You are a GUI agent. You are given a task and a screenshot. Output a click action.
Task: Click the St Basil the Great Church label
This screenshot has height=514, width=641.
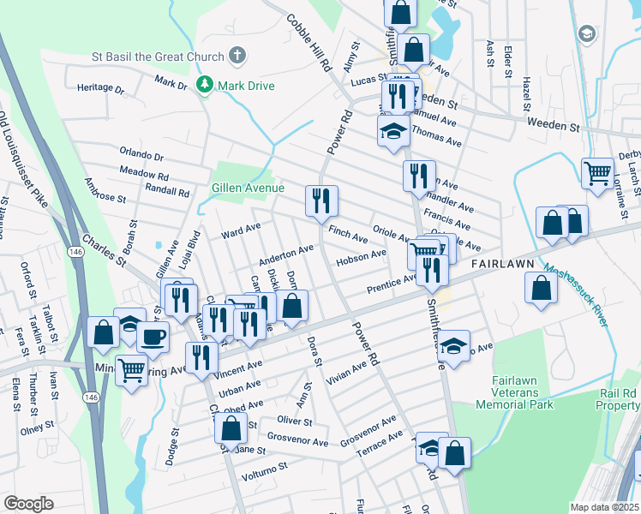tap(159, 57)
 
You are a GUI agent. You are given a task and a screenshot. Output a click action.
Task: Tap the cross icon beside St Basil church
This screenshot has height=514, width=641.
tap(238, 57)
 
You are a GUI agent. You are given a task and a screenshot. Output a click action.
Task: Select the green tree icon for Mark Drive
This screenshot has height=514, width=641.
tap(204, 85)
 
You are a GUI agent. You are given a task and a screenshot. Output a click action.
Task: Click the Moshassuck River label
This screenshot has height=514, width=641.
tap(578, 295)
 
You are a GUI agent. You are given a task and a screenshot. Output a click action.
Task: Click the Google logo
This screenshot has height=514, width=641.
tap(28, 504)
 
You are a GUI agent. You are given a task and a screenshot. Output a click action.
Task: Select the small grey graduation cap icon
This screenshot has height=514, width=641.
tap(587, 33)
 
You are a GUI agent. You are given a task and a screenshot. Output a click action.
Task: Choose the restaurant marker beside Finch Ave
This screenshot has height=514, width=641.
tap(321, 201)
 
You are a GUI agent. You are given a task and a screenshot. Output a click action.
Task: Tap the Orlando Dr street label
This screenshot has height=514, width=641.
tap(141, 155)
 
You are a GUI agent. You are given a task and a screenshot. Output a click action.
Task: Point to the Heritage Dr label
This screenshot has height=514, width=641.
tap(100, 87)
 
